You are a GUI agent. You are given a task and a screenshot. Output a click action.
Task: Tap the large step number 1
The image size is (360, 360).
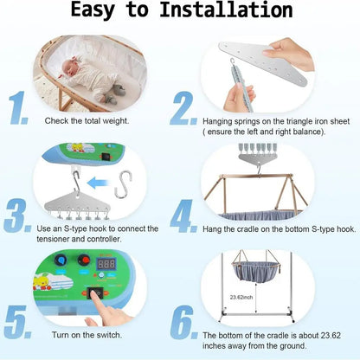[20, 109]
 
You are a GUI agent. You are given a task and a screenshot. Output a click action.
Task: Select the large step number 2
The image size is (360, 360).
[184, 109]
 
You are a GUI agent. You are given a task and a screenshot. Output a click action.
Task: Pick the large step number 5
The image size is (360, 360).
[18, 319]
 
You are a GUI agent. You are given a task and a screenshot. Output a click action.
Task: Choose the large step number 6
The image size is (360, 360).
[184, 319]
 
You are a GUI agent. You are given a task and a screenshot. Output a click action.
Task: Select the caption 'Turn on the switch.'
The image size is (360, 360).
[85, 333]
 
